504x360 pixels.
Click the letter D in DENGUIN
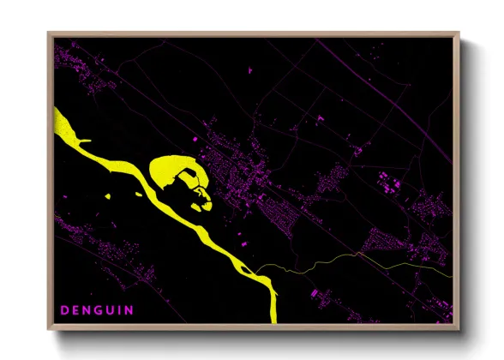point(63,308)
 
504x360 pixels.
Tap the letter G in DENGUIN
point(97,308)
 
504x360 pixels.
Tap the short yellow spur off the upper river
point(84,140)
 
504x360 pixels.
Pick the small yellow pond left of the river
point(109,198)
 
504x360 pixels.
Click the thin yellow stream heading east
point(343,258)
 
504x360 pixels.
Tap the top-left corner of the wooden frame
point(49,34)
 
